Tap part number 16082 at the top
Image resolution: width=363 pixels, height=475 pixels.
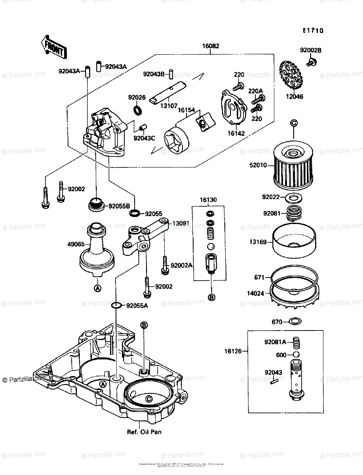(212, 46)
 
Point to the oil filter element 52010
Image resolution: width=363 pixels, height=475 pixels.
(293, 167)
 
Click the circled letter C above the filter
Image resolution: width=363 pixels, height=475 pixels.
(293, 123)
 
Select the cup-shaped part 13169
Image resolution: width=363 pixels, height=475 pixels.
(293, 241)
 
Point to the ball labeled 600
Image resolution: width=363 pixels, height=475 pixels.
(295, 355)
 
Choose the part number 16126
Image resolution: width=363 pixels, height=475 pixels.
(237, 351)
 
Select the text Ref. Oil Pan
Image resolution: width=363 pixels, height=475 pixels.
(144, 432)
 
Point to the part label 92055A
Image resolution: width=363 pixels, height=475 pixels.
(137, 306)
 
